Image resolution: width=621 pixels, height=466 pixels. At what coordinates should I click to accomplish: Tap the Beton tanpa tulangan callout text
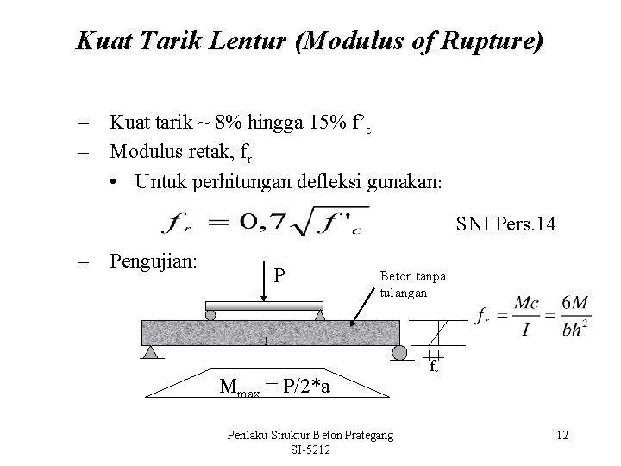click(x=413, y=283)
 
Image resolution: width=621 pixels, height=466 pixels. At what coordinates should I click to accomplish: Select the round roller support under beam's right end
click(x=400, y=353)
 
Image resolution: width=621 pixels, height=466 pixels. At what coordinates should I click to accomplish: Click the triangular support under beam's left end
click(x=151, y=352)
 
